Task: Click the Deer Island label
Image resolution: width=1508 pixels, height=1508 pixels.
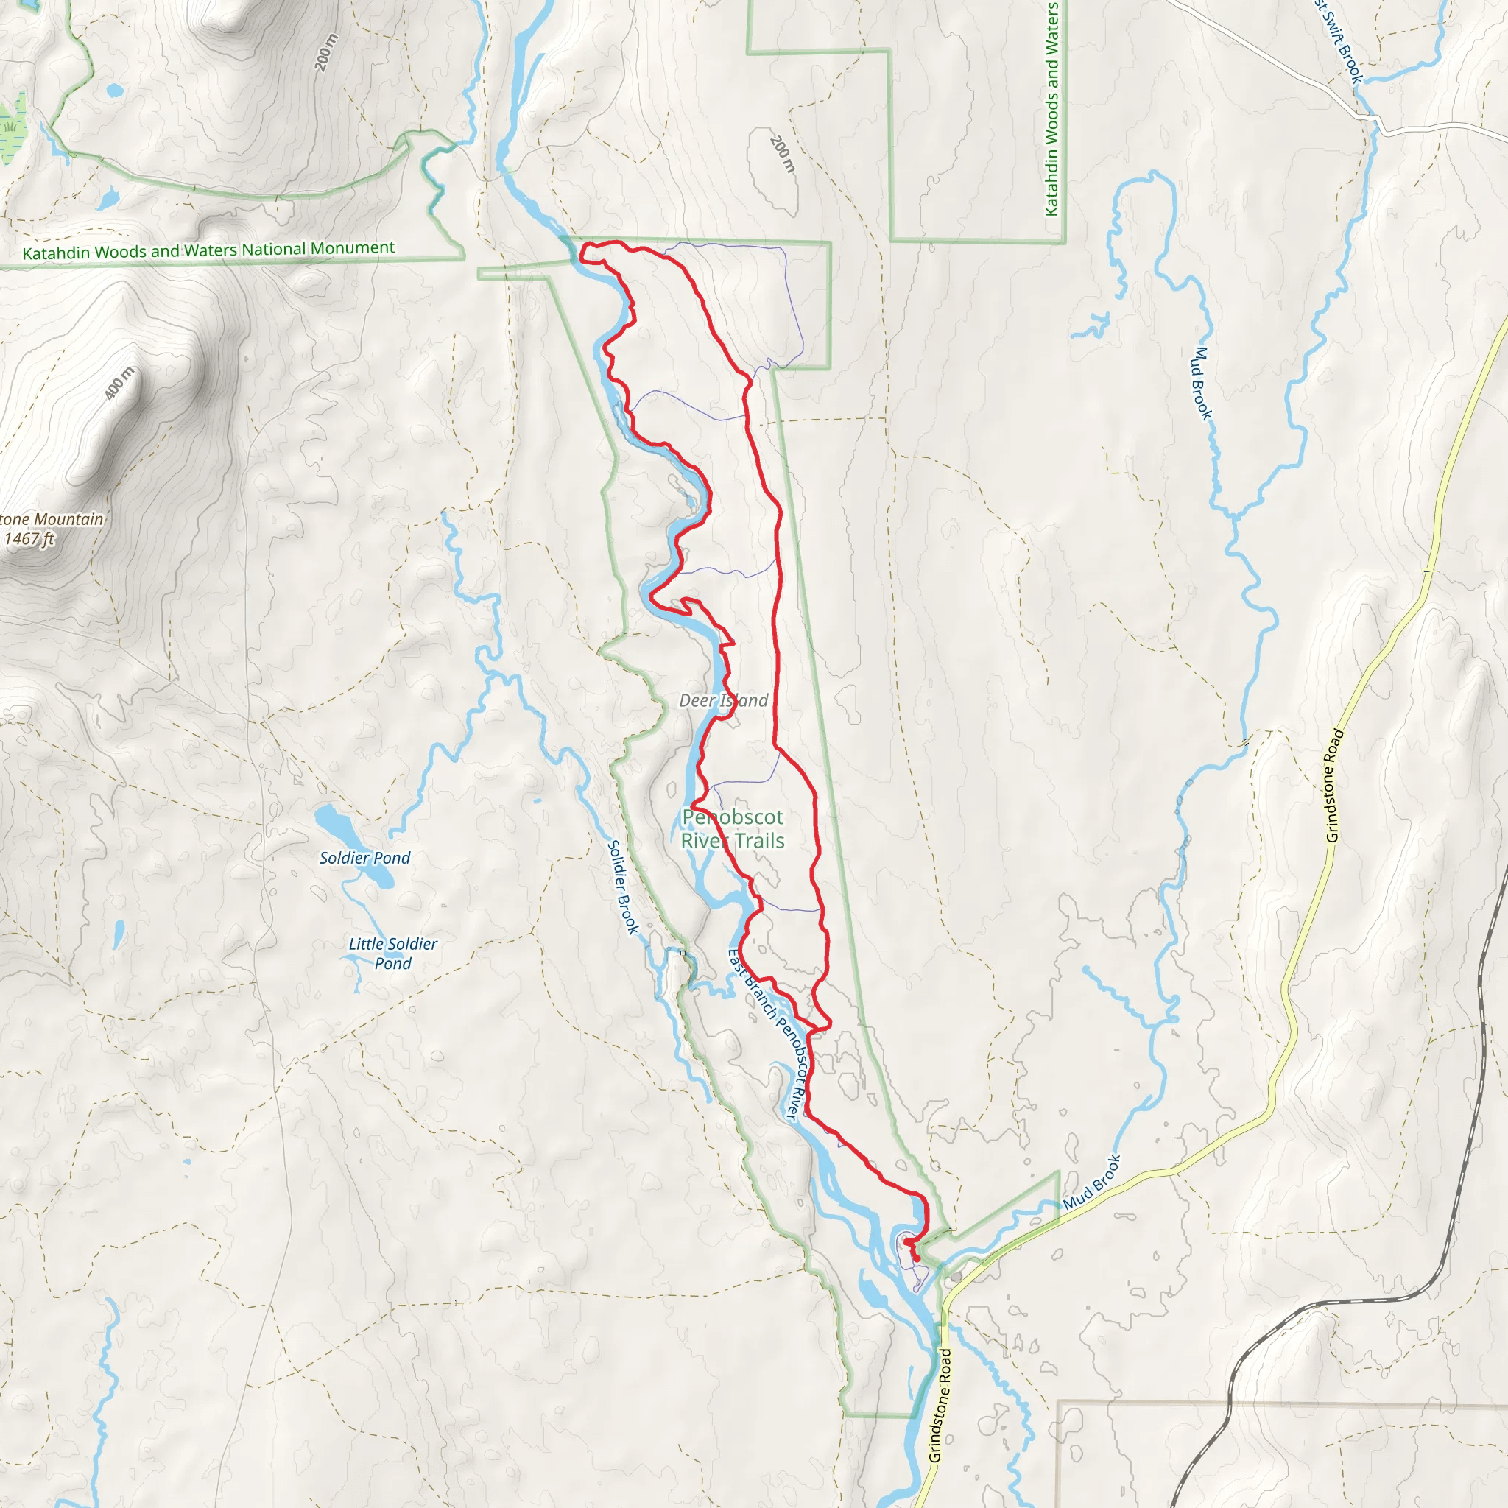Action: (724, 700)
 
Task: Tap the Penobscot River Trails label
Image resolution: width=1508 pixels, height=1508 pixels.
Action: (732, 829)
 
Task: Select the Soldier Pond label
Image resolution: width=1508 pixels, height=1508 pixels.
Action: (364, 858)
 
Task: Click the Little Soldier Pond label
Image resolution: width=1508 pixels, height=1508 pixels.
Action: (392, 953)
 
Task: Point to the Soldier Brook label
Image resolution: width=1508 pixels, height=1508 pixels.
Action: (623, 887)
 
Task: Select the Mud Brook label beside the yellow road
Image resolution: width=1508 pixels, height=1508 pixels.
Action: (1091, 1183)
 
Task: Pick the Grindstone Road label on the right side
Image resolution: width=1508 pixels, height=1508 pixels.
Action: (1334, 785)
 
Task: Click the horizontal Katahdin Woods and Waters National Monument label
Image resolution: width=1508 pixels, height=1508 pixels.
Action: (208, 250)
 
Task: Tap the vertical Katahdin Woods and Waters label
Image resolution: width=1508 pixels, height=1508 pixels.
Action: (1051, 109)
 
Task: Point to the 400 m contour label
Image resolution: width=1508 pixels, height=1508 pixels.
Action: (119, 383)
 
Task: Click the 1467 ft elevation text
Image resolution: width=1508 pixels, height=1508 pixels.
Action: (29, 539)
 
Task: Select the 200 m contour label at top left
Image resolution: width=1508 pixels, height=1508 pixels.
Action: (327, 52)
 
